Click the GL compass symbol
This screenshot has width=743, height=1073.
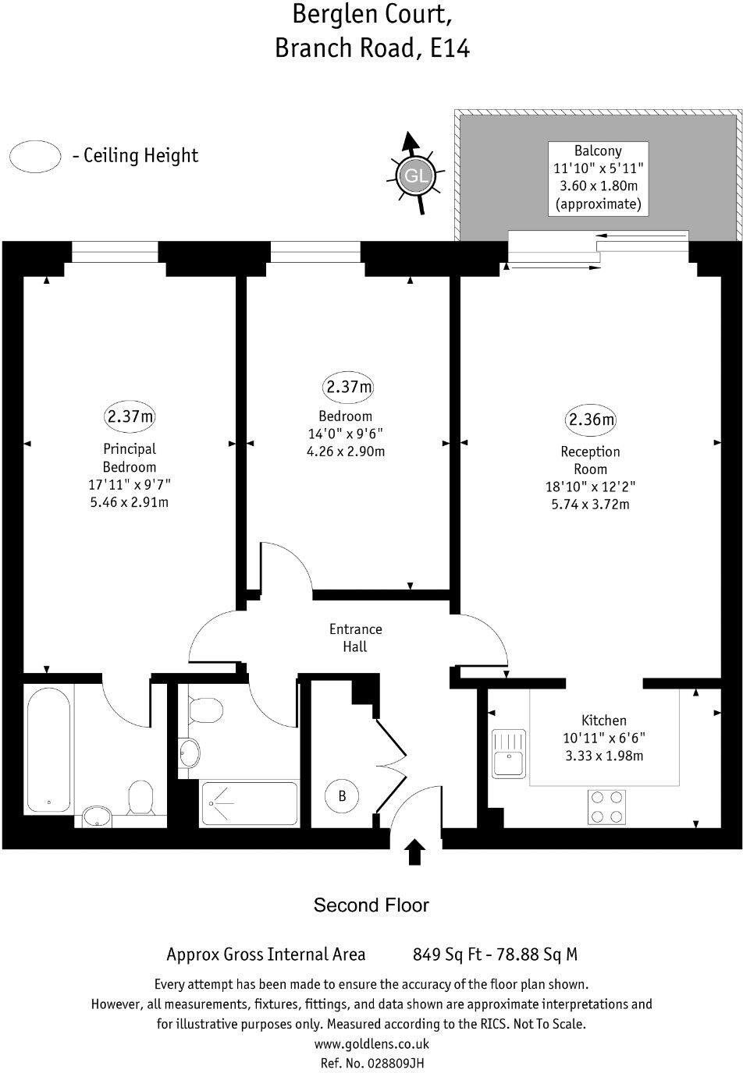point(414,175)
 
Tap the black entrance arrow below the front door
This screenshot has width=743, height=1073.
point(415,852)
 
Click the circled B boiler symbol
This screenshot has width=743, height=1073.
point(342,796)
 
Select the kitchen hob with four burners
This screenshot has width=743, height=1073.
point(606,806)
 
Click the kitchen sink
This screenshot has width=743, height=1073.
point(508,754)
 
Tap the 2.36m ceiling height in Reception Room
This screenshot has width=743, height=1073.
point(591,420)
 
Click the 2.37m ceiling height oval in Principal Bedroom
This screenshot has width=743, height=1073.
point(130,416)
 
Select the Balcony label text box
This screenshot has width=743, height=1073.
point(598,178)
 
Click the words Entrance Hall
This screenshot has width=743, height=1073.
point(355,638)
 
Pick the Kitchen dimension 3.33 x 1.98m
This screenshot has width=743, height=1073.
point(603,756)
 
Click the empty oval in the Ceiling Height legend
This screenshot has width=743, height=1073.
point(35,156)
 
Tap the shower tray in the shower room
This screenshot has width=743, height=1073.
point(249,803)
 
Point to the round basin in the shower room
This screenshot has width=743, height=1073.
point(189,753)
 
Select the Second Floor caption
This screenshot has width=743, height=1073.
point(371,905)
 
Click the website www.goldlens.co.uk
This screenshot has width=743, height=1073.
point(371,1044)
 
